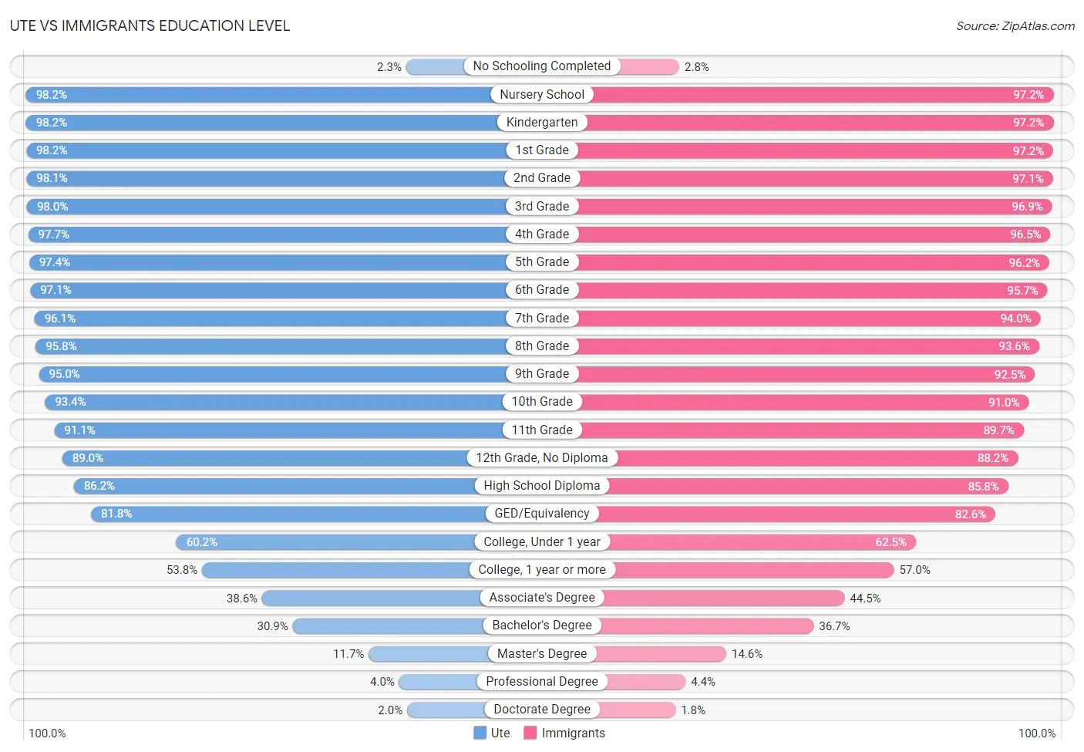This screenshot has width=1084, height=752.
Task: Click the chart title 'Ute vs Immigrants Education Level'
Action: (x=150, y=25)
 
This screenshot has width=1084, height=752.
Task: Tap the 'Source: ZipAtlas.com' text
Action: (x=1015, y=26)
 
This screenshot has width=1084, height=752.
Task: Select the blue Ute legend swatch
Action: (x=480, y=733)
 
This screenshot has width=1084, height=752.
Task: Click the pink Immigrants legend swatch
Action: (x=530, y=733)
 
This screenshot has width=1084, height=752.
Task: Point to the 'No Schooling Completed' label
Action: (x=541, y=66)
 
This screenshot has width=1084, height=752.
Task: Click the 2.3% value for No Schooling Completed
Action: (x=389, y=67)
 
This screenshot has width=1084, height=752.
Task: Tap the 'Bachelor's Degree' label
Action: (x=541, y=626)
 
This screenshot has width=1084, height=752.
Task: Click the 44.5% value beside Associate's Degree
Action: (x=865, y=599)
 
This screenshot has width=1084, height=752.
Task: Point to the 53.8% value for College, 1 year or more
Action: (x=182, y=570)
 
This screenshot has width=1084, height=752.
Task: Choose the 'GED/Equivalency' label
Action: (x=541, y=514)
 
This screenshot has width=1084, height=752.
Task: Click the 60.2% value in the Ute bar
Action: (x=202, y=542)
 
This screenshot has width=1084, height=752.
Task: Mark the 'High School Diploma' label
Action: (x=541, y=486)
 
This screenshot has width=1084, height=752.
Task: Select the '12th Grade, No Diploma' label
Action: (x=541, y=458)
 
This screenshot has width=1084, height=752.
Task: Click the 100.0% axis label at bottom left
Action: (x=47, y=733)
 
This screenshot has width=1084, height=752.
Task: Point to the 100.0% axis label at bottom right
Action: (x=1036, y=733)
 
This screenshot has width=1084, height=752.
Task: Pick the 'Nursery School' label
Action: (x=541, y=95)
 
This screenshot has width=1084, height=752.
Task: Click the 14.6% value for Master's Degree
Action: (x=746, y=654)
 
